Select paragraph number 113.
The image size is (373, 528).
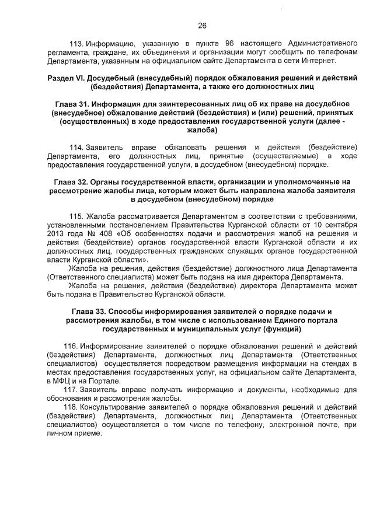pos(76,44)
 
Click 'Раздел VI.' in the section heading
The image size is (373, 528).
pos(65,78)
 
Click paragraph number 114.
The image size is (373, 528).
pos(76,146)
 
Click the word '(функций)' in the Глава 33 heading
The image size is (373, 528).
pos(283,329)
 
